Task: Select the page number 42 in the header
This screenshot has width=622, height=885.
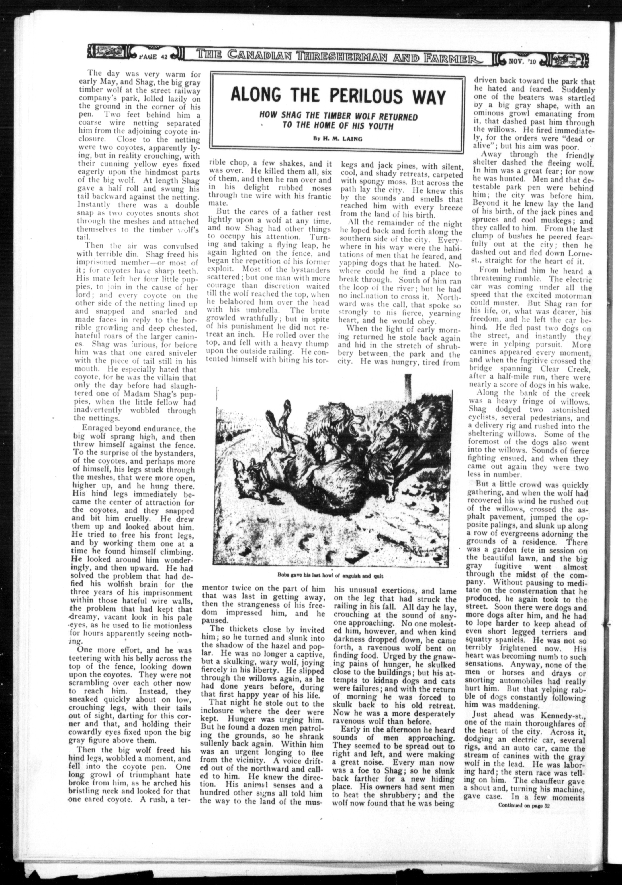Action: point(163,57)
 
